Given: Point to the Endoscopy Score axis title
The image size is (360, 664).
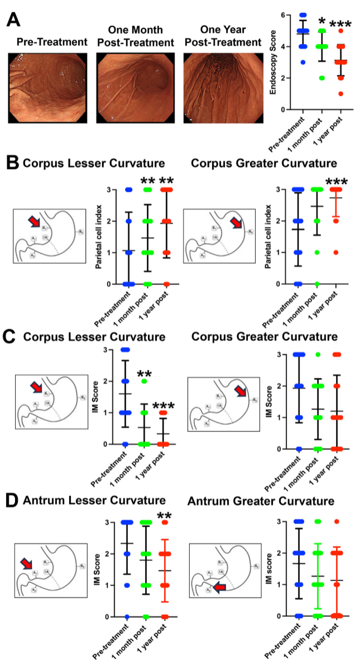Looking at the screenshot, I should pyautogui.click(x=273, y=61).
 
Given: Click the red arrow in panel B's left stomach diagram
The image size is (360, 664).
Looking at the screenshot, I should pyautogui.click(x=35, y=223).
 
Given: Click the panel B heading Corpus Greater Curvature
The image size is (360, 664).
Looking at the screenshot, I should pyautogui.click(x=263, y=163).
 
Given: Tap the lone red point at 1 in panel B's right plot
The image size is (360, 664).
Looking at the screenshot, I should pyautogui.click(x=336, y=252).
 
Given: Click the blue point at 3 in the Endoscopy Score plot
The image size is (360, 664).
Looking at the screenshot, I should pyautogui.click(x=303, y=62).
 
